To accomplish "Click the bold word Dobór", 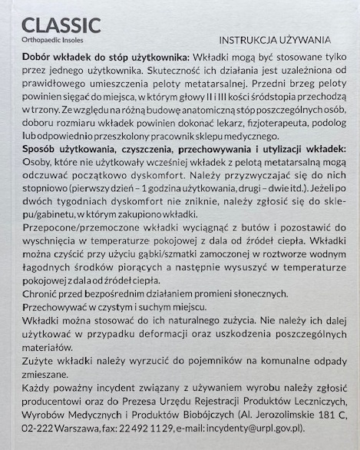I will point(41,58).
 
